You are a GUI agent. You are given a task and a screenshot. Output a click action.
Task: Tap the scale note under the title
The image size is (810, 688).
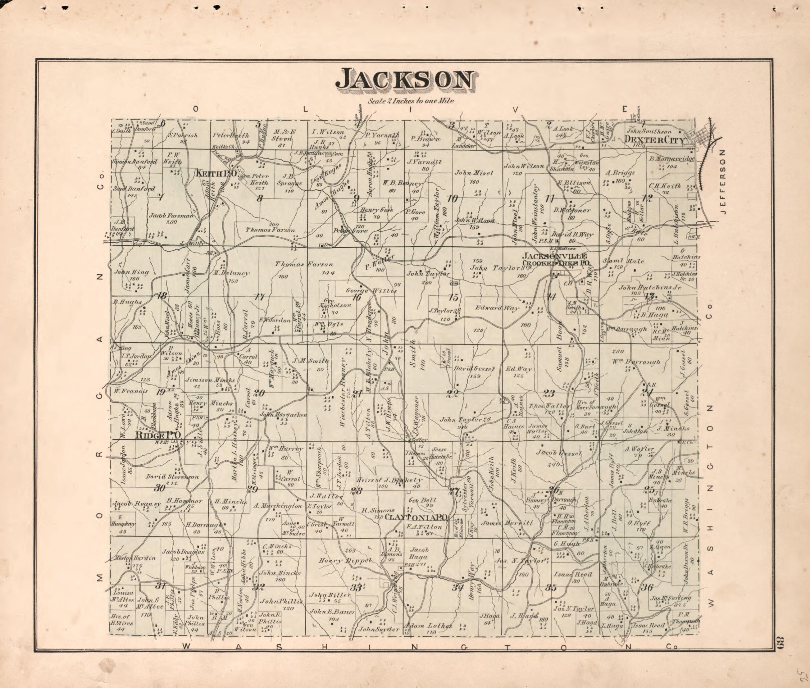click(411, 100)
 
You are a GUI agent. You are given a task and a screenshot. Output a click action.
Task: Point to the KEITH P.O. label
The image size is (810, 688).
click(216, 174)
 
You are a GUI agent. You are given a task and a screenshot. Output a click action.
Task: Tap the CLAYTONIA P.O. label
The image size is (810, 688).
click(416, 517)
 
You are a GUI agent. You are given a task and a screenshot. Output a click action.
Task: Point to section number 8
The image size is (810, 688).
click(260, 198)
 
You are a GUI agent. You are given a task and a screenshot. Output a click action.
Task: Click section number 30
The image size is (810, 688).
click(159, 487)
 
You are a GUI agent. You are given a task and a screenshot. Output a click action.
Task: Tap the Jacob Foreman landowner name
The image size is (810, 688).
click(171, 215)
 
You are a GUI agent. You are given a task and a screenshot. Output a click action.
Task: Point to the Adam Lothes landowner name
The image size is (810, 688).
click(429, 626)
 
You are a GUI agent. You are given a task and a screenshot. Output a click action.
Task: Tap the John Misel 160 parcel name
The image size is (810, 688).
click(474, 173)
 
